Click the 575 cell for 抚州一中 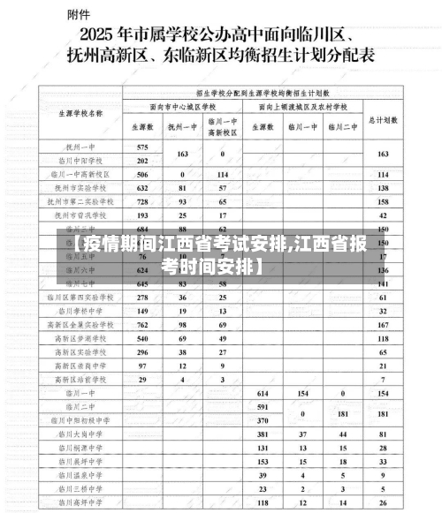(142, 146)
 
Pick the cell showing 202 (142, 161)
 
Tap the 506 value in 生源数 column (142, 175)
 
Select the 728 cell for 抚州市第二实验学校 (142, 201)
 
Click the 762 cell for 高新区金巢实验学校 (142, 324)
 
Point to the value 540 (142, 337)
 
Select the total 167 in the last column (383, 324)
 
